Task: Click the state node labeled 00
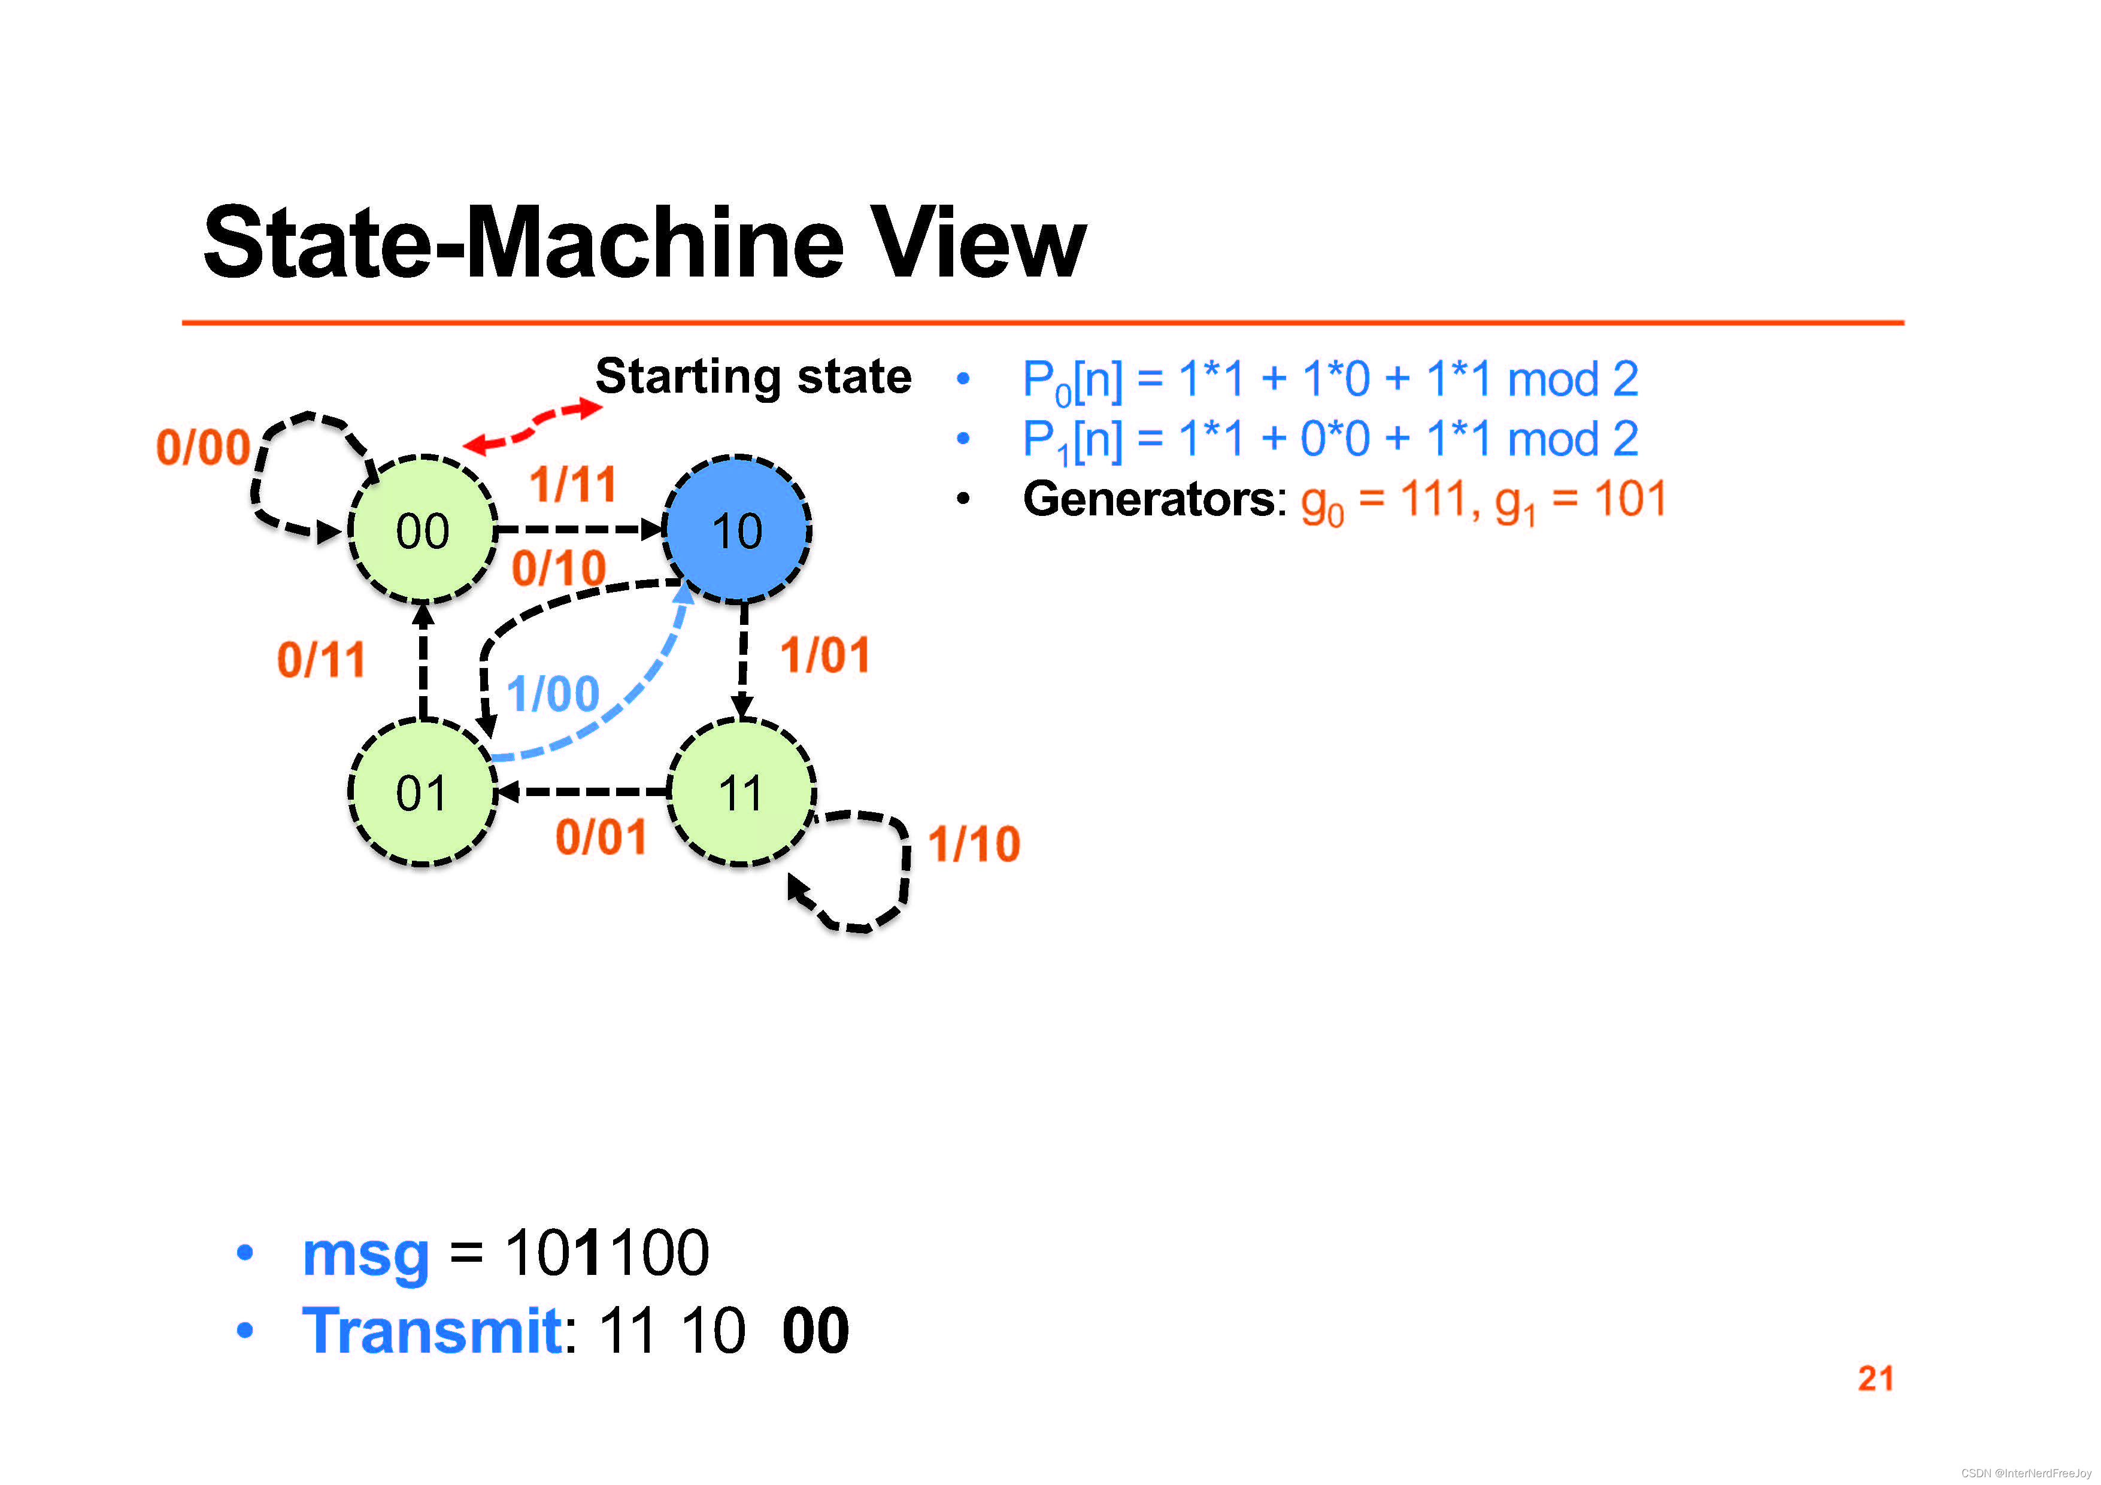[422, 531]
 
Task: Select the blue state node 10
[736, 531]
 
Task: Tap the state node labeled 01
[422, 792]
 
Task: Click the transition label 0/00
[203, 448]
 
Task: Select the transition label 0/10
[558, 567]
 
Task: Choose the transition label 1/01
[824, 655]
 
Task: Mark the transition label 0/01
[601, 836]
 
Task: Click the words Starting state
[753, 376]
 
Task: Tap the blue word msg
[365, 1253]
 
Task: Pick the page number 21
[1875, 1378]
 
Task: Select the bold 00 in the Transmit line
[815, 1331]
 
